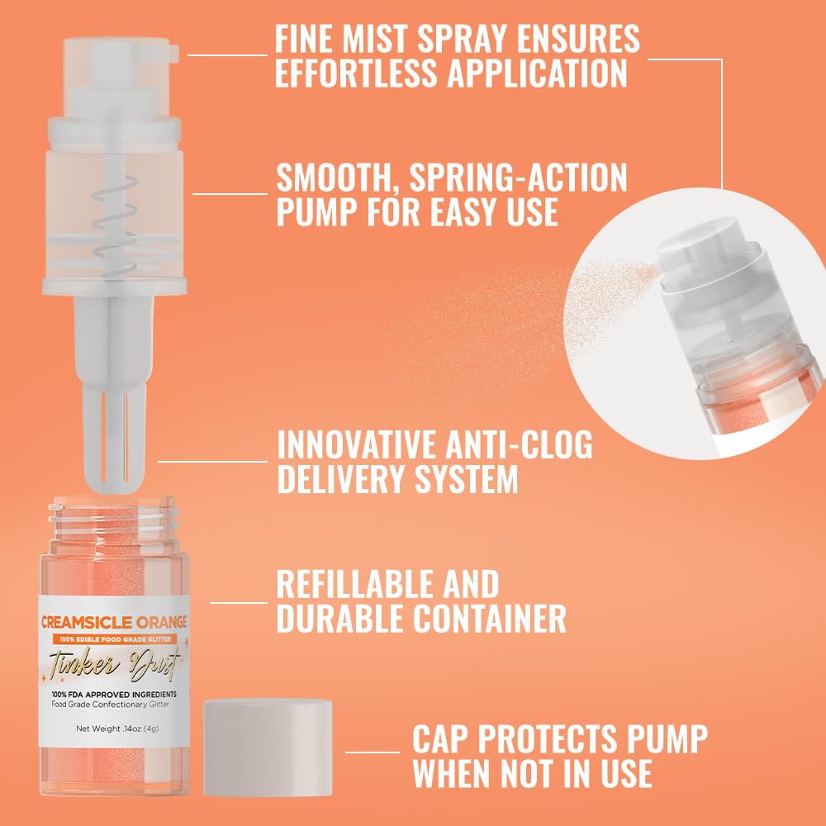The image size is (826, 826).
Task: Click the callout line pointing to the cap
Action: point(372,752)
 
